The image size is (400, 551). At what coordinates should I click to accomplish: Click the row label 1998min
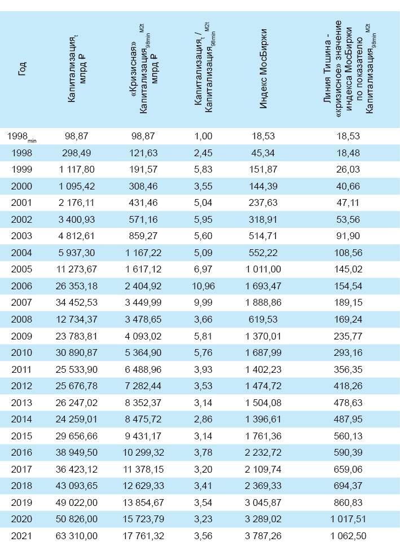pyautogui.click(x=21, y=136)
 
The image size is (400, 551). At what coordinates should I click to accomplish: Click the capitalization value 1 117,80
pyautogui.click(x=73, y=170)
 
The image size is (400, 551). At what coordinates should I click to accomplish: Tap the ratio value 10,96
pyautogui.click(x=203, y=286)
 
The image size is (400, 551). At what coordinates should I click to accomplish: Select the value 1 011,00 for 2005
pyautogui.click(x=263, y=270)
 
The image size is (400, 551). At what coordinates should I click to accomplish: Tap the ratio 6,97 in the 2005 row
pyautogui.click(x=203, y=270)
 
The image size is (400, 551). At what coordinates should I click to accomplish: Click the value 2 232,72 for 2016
pyautogui.click(x=263, y=453)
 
